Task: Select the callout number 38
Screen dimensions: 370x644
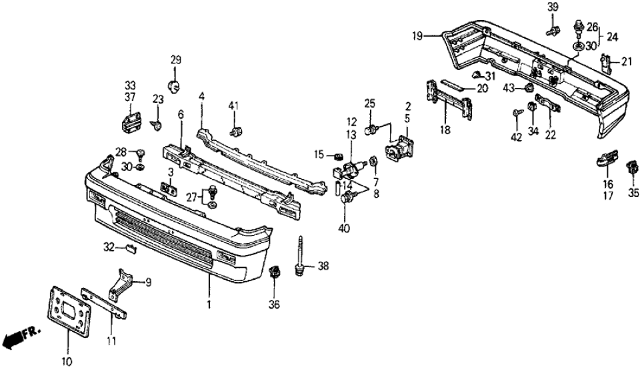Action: coord(323,266)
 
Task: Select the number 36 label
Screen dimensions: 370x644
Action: coord(275,305)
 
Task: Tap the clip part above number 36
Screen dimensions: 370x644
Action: coord(273,272)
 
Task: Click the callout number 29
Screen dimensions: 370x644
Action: coord(175,60)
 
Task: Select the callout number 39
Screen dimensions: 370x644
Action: coord(553,7)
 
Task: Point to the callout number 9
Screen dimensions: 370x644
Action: coord(148,282)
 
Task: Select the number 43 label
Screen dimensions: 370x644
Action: coord(509,89)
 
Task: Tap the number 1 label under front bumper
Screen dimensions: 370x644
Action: coord(209,305)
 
